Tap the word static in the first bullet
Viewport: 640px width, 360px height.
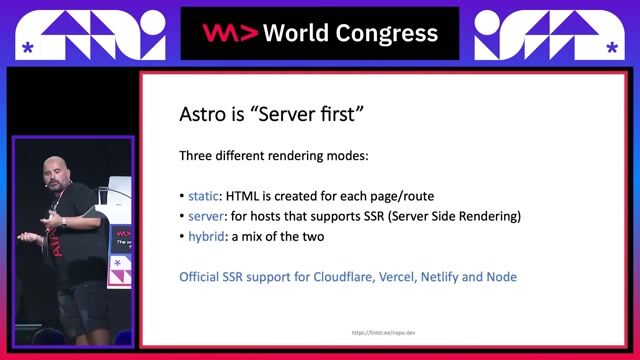tap(206, 196)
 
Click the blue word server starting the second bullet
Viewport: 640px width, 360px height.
tap(208, 216)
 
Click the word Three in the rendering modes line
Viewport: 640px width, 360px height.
tap(197, 156)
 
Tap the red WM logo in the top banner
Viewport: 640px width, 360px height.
tap(230, 33)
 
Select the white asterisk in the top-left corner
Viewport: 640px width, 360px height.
tap(26, 48)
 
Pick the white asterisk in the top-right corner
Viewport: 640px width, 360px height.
tap(610, 48)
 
